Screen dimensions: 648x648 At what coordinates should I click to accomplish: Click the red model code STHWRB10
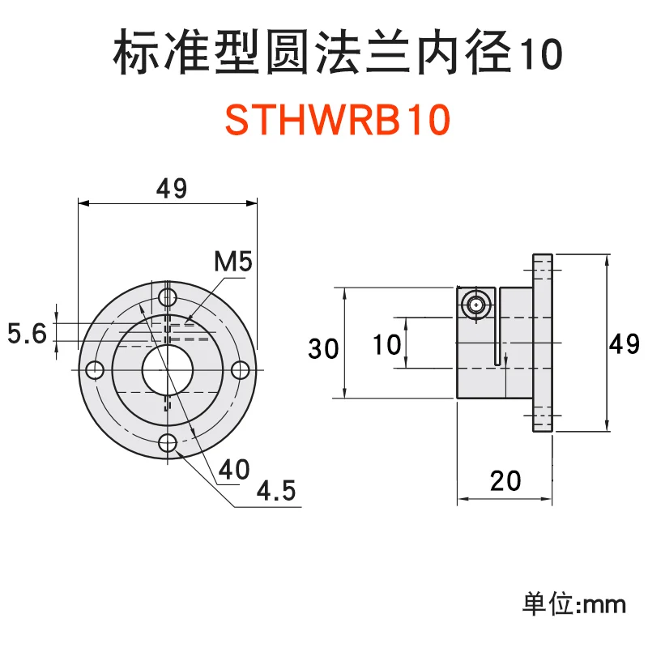click(336, 122)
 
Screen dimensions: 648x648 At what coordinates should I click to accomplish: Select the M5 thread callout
click(233, 262)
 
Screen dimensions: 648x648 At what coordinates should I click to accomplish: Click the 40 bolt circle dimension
click(232, 470)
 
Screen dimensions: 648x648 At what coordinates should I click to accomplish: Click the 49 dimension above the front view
click(171, 189)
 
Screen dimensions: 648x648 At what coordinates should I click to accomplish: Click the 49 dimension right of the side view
click(625, 344)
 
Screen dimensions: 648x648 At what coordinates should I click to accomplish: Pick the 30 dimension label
click(323, 349)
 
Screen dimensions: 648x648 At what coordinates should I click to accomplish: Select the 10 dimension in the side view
click(387, 346)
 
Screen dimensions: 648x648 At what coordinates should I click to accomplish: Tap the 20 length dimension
click(505, 483)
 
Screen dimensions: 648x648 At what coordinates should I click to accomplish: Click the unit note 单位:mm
click(575, 603)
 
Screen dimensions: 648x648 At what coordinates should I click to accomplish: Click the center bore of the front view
click(167, 369)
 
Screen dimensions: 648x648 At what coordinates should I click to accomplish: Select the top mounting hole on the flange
click(168, 296)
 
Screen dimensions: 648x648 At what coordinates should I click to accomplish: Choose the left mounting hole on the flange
click(94, 369)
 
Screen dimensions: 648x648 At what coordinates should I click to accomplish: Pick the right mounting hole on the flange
click(240, 369)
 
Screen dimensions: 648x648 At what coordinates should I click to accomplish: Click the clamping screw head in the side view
click(475, 305)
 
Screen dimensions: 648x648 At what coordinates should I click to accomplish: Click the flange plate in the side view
click(542, 343)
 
